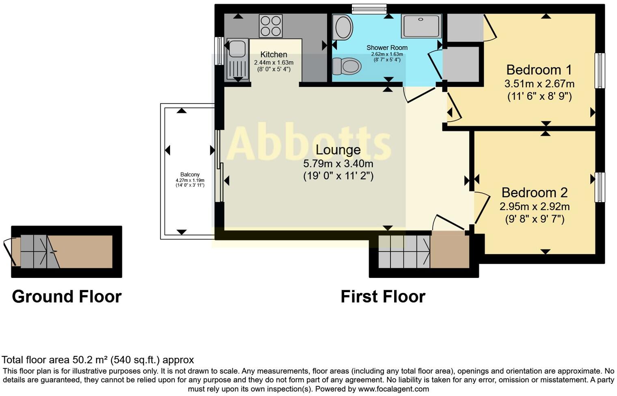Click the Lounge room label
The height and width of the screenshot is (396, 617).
(338, 150)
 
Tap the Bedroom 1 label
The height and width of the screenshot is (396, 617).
(539, 70)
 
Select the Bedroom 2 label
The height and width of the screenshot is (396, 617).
(534, 192)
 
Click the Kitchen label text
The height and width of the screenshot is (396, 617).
(274, 54)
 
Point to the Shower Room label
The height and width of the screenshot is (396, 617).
(387, 47)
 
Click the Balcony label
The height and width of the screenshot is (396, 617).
(190, 174)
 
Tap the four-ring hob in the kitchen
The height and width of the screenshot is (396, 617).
(271, 26)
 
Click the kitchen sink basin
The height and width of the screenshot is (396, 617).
(237, 48)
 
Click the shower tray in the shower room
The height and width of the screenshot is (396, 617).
(421, 26)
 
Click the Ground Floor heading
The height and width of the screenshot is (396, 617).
(67, 297)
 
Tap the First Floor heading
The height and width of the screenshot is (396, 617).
(383, 297)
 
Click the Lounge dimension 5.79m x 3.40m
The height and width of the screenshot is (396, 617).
(338, 164)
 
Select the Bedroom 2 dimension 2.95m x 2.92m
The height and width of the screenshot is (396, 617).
(534, 207)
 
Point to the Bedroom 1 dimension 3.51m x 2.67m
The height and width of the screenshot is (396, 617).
(539, 84)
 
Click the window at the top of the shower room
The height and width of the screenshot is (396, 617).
(369, 9)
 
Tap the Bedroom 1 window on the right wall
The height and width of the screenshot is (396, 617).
(600, 71)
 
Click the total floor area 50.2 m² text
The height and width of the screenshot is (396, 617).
(98, 360)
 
